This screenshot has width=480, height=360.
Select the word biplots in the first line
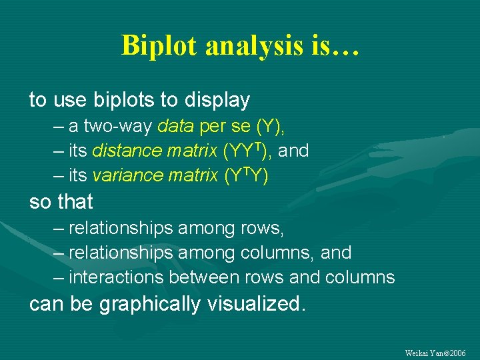(119, 101)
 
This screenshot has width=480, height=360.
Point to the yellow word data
(175, 127)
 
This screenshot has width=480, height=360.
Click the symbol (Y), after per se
(274, 127)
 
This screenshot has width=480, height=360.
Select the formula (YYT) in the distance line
(245, 151)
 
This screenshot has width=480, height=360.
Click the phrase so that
(61, 201)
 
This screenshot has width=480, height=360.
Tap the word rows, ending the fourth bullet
(262, 229)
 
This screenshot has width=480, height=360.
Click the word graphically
(150, 304)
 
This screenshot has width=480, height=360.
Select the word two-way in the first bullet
(120, 127)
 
